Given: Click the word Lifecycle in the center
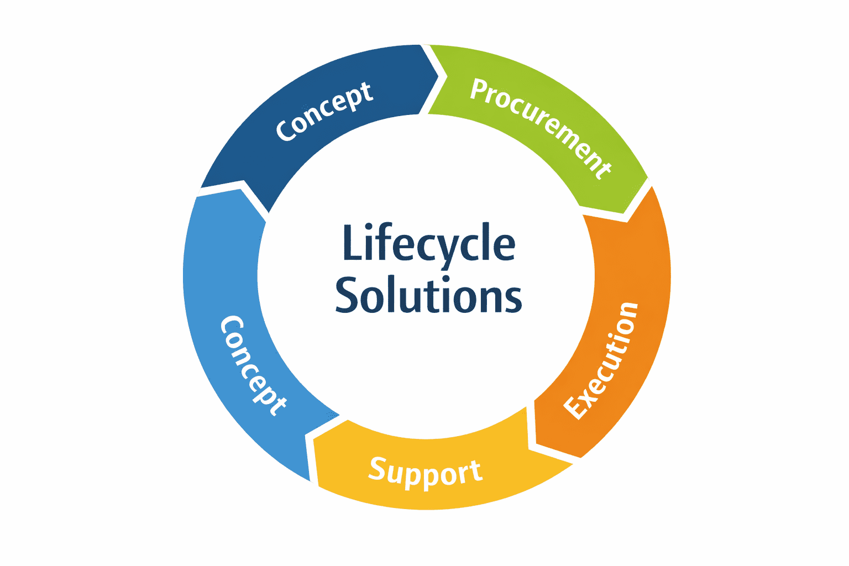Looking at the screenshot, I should (x=429, y=244).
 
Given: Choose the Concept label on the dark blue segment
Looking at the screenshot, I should (x=324, y=111).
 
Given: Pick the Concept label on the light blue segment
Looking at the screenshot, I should (x=254, y=365).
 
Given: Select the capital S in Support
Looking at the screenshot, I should (x=378, y=469).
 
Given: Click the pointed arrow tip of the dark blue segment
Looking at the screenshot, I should (x=438, y=76).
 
